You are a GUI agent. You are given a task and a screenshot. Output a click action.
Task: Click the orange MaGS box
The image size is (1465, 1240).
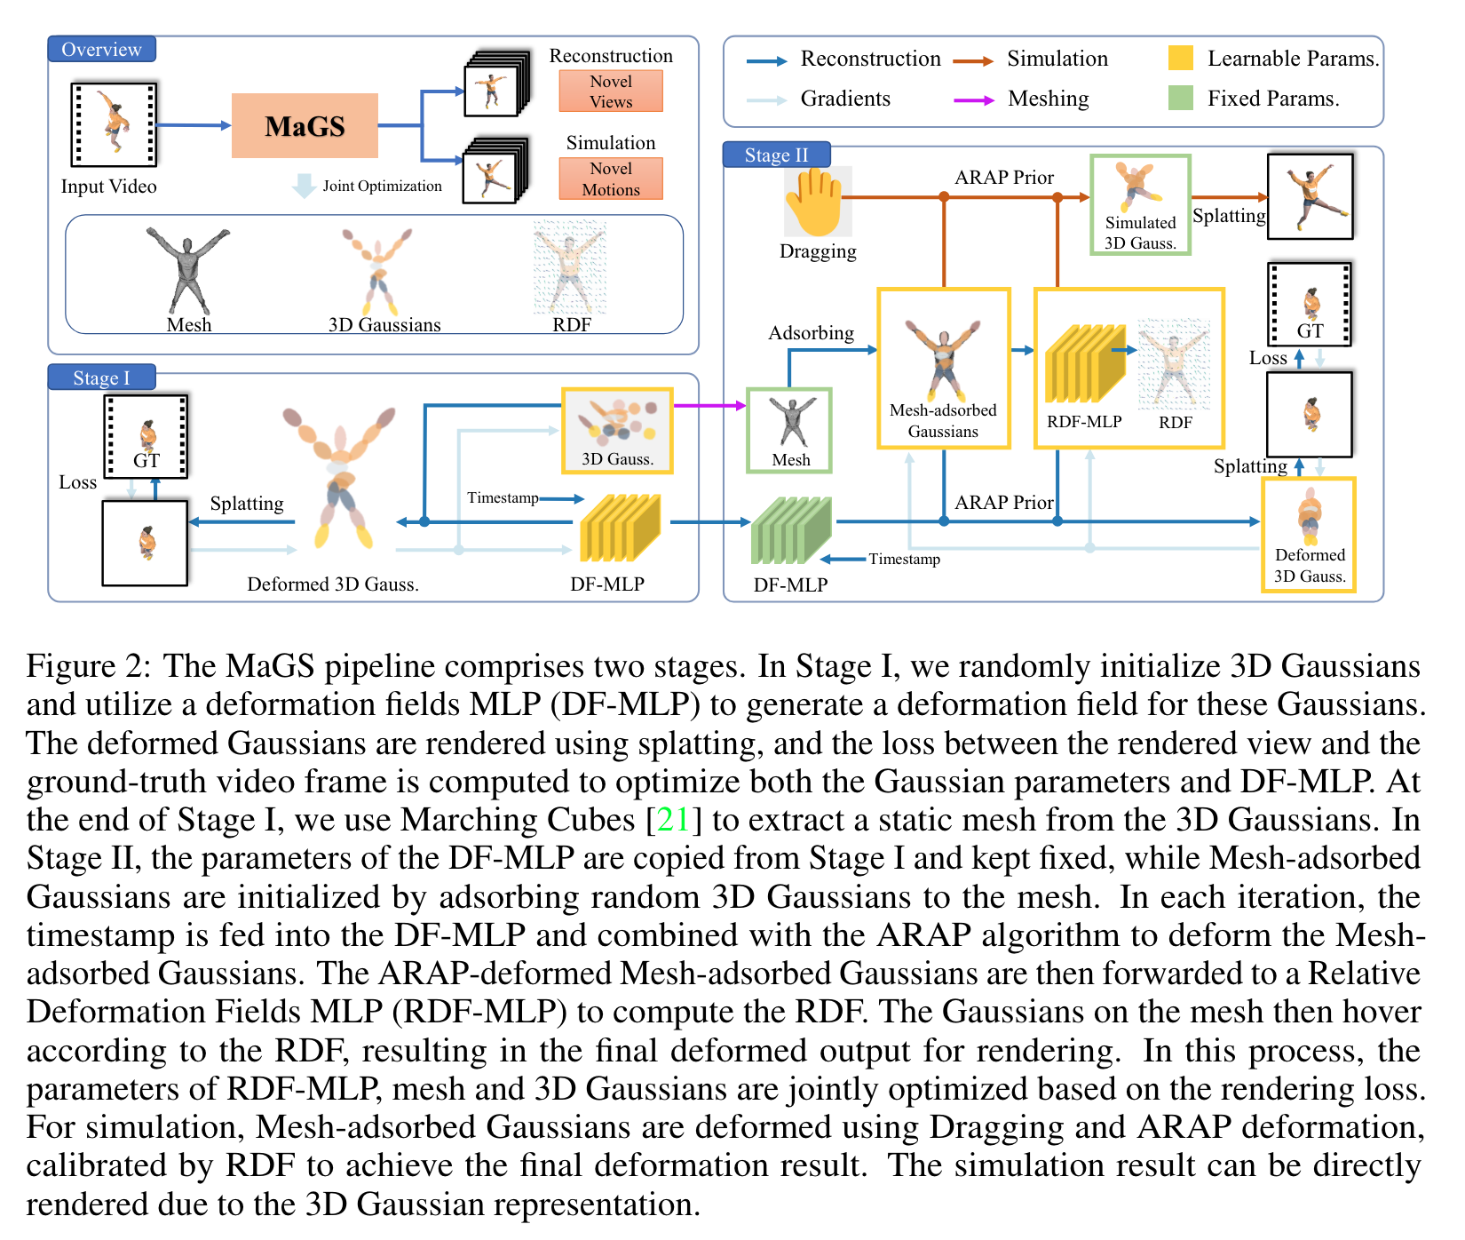coord(305,126)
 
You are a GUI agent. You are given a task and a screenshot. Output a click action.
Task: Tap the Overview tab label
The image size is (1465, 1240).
coord(101,50)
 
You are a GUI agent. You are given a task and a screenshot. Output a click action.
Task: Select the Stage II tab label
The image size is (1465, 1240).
coord(776,155)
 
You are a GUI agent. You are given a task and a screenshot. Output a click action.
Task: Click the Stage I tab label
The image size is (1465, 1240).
coord(101,378)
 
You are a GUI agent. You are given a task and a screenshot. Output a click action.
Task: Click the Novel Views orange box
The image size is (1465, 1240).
coord(611,91)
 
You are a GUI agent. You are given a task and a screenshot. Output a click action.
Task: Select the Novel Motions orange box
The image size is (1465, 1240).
coord(611,179)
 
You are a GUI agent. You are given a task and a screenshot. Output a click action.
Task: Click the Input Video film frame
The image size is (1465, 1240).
coord(114,124)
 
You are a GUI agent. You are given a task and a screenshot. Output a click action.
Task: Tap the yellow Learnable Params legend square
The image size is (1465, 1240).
coord(1181,59)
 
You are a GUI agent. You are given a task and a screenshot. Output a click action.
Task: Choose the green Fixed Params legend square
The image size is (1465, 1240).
coord(1181,98)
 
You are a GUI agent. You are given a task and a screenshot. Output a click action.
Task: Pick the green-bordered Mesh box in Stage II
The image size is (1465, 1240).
coord(790,430)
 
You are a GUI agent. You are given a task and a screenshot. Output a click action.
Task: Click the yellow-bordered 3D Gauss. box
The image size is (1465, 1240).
coord(617,431)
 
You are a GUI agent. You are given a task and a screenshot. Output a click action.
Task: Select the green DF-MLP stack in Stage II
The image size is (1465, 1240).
coord(790,530)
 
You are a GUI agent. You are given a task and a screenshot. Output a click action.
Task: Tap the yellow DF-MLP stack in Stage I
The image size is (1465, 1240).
coord(620,529)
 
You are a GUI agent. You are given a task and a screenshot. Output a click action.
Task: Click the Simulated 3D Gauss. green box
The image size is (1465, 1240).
coord(1140,205)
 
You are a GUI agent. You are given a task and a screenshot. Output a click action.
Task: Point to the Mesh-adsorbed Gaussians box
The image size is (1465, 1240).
coord(944,368)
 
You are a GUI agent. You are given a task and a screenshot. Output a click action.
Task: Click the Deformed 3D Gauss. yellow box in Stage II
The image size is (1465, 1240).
coord(1309,534)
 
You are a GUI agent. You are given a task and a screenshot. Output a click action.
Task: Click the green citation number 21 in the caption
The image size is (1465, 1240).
coord(673,820)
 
